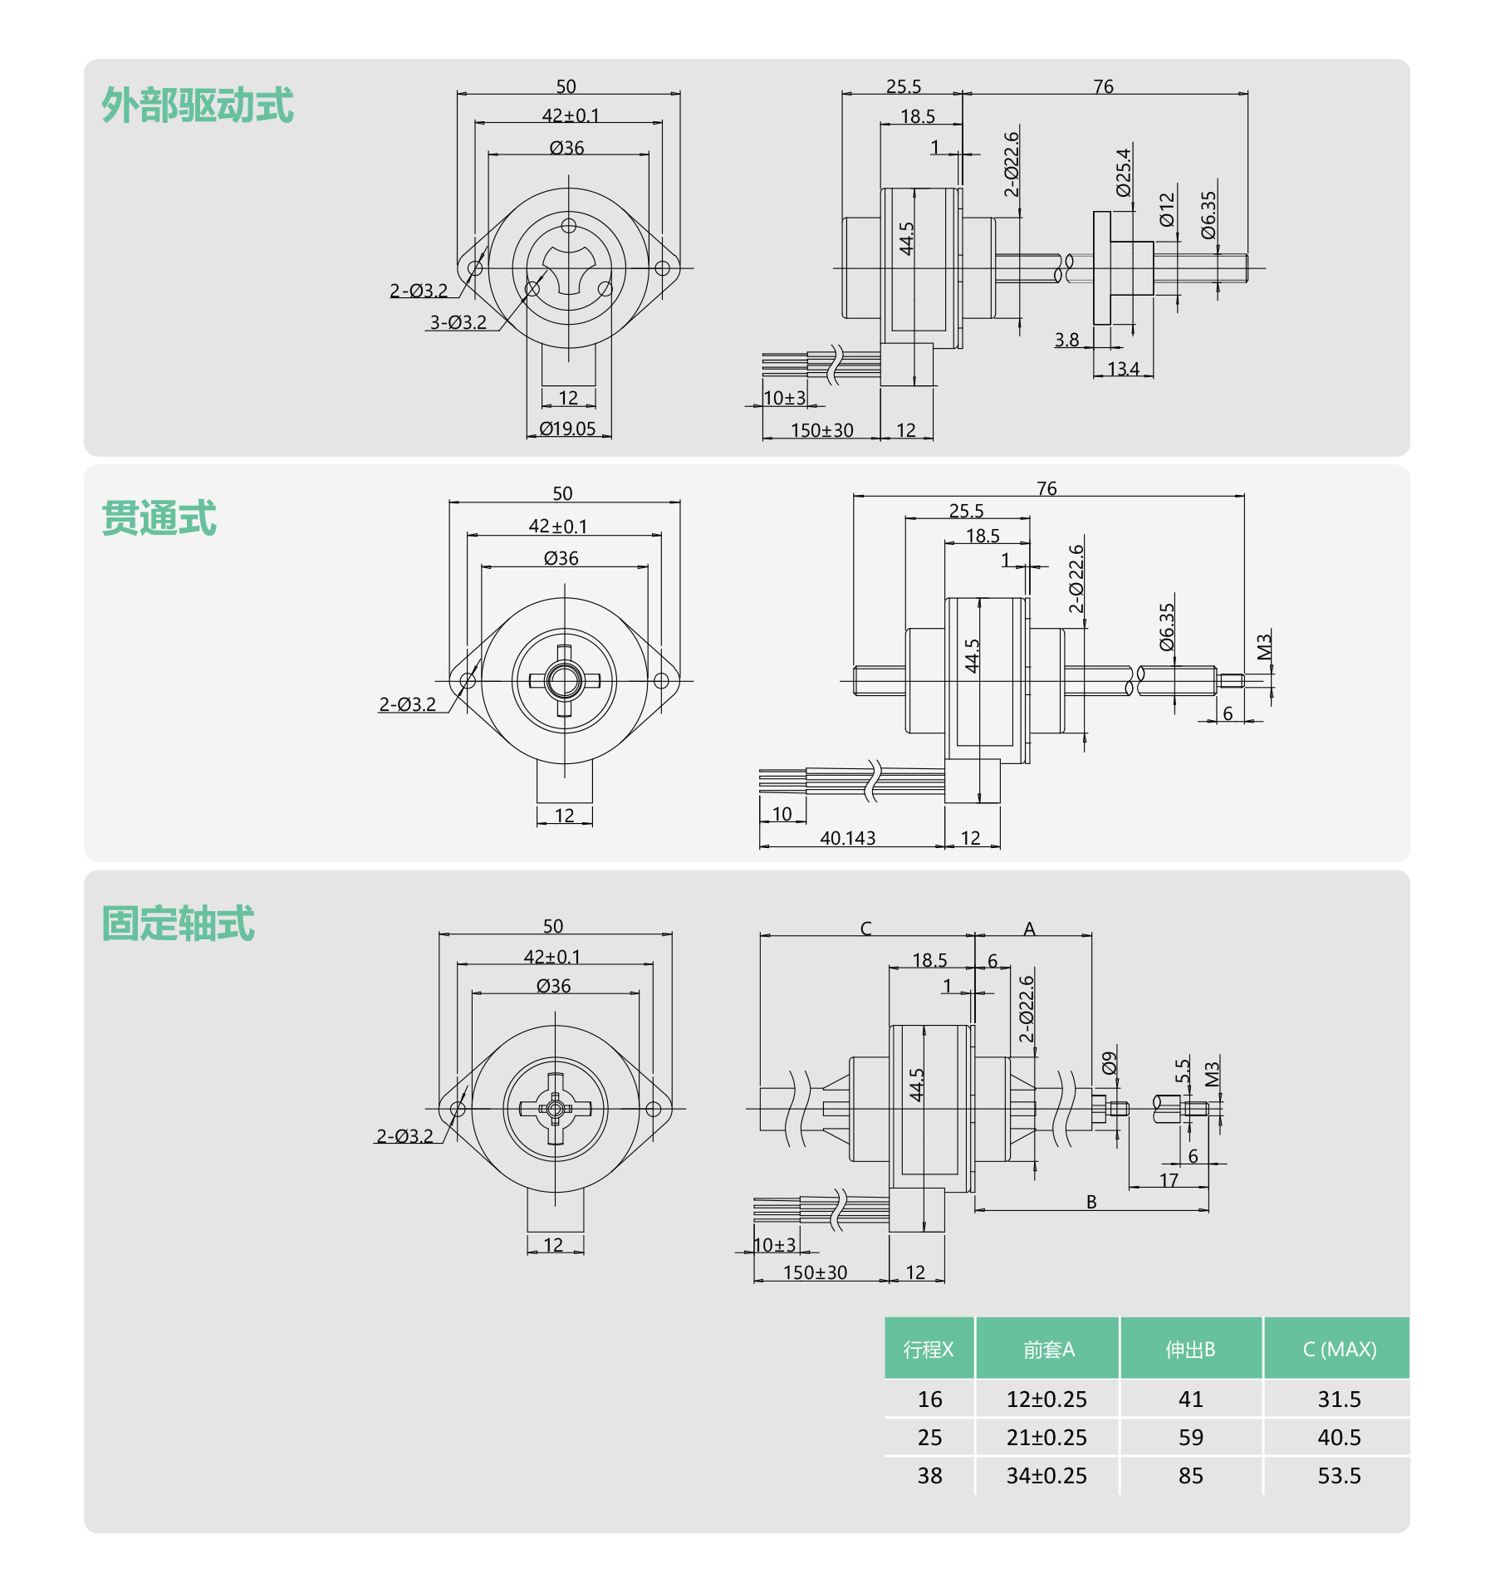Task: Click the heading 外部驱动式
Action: point(198,105)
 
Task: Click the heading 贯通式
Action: point(159,518)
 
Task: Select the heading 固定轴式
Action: point(178,924)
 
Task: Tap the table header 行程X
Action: point(929,1350)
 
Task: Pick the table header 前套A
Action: point(1049,1350)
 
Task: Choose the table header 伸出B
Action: point(1190,1350)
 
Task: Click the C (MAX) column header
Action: point(1340,1350)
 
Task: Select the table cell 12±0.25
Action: point(1046,1399)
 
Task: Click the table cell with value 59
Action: point(1191,1438)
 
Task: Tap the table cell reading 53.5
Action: point(1340,1476)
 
